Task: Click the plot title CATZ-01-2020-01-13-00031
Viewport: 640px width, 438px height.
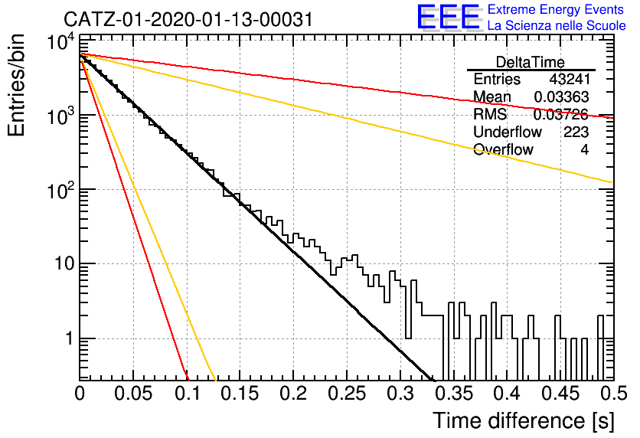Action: click(x=188, y=19)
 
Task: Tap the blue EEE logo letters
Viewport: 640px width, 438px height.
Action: click(x=449, y=17)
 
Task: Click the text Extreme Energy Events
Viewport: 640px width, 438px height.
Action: click(x=556, y=9)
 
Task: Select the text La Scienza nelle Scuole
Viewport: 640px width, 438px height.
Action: click(x=557, y=26)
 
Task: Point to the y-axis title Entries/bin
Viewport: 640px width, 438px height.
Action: click(x=16, y=85)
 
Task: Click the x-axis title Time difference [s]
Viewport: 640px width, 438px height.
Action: click(x=524, y=420)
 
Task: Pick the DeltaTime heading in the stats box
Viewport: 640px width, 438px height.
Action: click(x=531, y=62)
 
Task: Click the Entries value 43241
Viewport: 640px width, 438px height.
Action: click(x=570, y=79)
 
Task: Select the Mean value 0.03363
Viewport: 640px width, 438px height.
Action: click(x=562, y=96)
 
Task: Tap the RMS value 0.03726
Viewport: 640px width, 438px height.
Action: click(x=561, y=114)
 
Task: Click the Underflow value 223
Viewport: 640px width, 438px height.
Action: click(x=576, y=132)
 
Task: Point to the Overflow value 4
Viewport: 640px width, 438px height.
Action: click(x=585, y=150)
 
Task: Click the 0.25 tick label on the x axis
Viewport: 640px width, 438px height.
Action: click(x=347, y=394)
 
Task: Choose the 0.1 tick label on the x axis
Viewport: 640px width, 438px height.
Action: click(x=188, y=394)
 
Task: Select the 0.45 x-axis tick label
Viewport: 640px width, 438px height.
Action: click(x=561, y=394)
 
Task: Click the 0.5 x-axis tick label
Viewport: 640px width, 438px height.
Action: click(x=613, y=394)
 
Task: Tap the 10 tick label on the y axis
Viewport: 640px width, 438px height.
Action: click(x=64, y=263)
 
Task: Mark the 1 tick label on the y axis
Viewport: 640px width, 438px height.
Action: click(x=70, y=338)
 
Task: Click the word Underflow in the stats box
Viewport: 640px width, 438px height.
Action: click(x=508, y=132)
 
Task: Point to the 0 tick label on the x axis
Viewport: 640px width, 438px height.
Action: click(x=80, y=394)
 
